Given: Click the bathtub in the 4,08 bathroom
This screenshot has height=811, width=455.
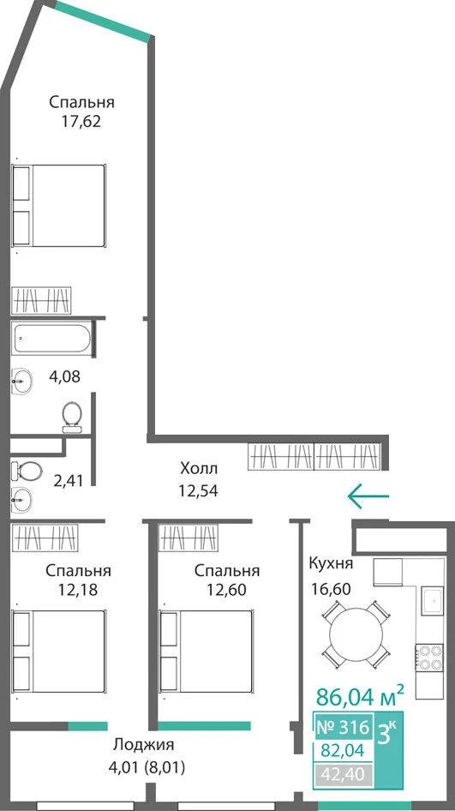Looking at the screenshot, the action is pyautogui.click(x=51, y=339).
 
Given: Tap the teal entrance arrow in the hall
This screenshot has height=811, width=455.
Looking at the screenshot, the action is pyautogui.click(x=368, y=496).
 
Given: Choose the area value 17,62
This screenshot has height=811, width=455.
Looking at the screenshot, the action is pyautogui.click(x=81, y=122).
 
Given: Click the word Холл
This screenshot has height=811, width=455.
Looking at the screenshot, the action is pyautogui.click(x=199, y=469).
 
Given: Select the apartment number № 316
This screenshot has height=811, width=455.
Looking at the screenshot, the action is pyautogui.click(x=343, y=728).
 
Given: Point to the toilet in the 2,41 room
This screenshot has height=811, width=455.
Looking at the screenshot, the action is pyautogui.click(x=27, y=471).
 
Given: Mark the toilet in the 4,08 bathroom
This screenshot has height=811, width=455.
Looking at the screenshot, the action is pyautogui.click(x=72, y=417).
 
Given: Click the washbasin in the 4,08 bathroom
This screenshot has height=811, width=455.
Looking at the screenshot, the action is pyautogui.click(x=21, y=381).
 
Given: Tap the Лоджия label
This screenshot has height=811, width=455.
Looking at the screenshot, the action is pyautogui.click(x=144, y=744).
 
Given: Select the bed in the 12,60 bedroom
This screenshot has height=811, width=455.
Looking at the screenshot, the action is pyautogui.click(x=207, y=651).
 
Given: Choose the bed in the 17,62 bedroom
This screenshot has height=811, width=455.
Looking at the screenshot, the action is pyautogui.click(x=59, y=206).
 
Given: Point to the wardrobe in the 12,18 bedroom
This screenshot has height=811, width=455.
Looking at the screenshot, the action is pyautogui.click(x=45, y=538).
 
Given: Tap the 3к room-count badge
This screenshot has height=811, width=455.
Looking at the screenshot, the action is pyautogui.click(x=388, y=734).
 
